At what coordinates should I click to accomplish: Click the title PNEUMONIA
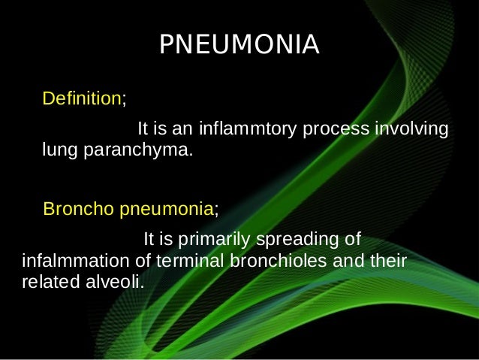click(x=239, y=45)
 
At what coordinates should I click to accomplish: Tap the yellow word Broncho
click(x=79, y=208)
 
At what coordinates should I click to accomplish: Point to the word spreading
click(x=298, y=241)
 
